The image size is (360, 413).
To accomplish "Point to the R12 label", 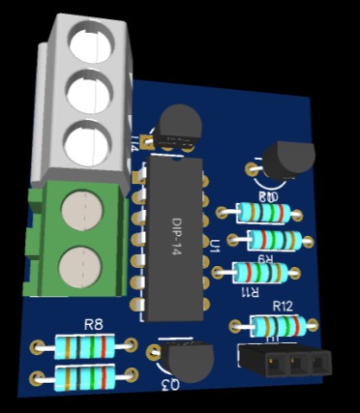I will coord(283,306).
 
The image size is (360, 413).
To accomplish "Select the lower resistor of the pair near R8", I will coord(91,375).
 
